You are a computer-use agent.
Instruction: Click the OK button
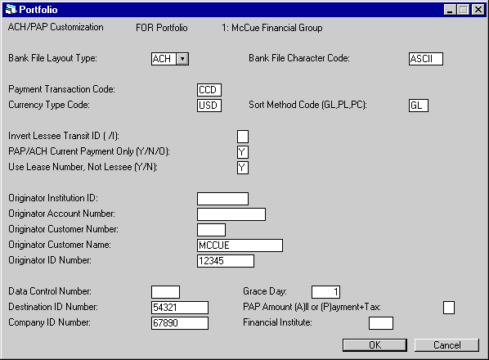375,345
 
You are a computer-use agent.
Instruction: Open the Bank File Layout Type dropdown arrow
182,59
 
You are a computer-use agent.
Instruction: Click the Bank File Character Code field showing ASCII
426,59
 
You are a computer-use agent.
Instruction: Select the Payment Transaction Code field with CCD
209,90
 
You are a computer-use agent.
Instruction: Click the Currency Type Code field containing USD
209,106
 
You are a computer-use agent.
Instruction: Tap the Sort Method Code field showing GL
419,106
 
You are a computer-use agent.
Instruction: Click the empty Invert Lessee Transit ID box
243,137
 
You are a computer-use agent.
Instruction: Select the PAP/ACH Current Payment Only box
243,152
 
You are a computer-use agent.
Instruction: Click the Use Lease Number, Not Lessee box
243,168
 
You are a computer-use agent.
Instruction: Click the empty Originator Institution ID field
222,199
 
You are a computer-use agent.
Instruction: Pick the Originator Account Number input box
231,214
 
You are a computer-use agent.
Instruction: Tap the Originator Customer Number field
211,230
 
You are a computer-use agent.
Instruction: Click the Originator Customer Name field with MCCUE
240,245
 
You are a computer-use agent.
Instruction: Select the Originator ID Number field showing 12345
226,261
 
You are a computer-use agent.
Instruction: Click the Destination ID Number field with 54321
180,308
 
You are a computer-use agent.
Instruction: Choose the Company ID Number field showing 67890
180,323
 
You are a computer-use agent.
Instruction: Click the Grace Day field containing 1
325,292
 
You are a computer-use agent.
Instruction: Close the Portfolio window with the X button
478,10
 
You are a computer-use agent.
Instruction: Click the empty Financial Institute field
381,323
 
